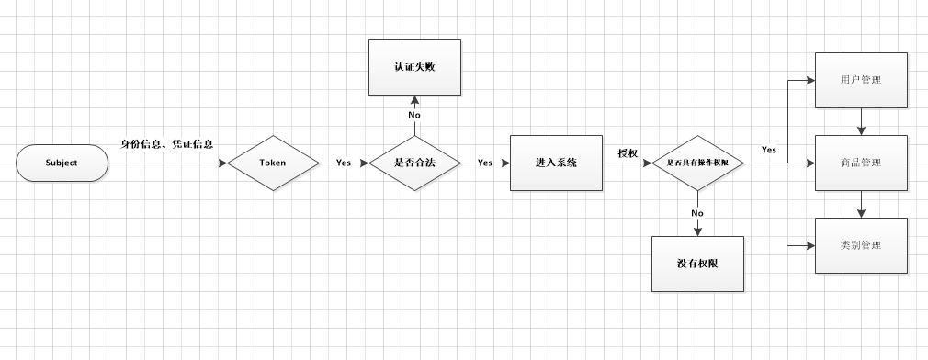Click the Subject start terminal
(62, 163)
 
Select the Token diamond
(274, 163)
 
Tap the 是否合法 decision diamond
(413, 163)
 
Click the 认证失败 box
(413, 66)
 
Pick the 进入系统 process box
(556, 163)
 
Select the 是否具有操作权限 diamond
(697, 163)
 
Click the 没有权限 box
(697, 264)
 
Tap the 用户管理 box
(861, 80)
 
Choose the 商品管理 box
(861, 163)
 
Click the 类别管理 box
(861, 245)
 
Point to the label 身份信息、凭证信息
(168, 144)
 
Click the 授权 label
(628, 153)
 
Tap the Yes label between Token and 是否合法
(343, 163)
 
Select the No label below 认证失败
(413, 116)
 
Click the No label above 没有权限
(697, 213)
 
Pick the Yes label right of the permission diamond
(769, 149)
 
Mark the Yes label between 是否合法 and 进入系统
(485, 163)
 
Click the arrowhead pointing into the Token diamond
(222, 163)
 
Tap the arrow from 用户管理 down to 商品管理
(861, 121)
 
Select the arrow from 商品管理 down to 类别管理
(861, 204)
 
